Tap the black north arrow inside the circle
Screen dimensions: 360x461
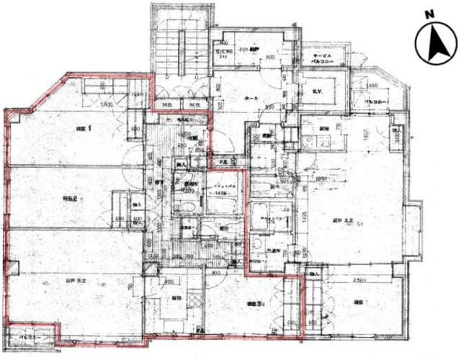(x=436, y=45)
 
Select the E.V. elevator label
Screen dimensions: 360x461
(x=317, y=91)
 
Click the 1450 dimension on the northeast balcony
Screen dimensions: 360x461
(x=372, y=86)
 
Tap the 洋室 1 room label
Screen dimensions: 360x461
(x=65, y=128)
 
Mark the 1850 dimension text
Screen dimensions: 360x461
(x=321, y=179)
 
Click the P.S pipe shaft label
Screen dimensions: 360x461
(x=224, y=161)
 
